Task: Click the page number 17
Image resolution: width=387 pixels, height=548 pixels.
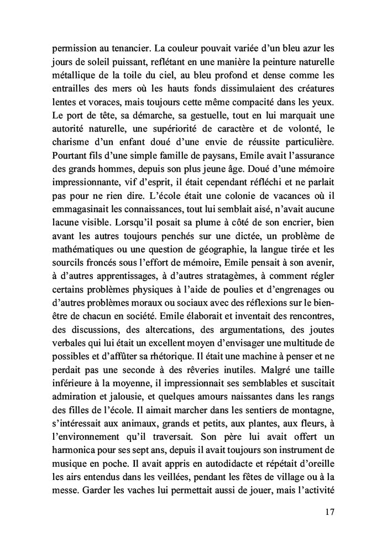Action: click(328, 512)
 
